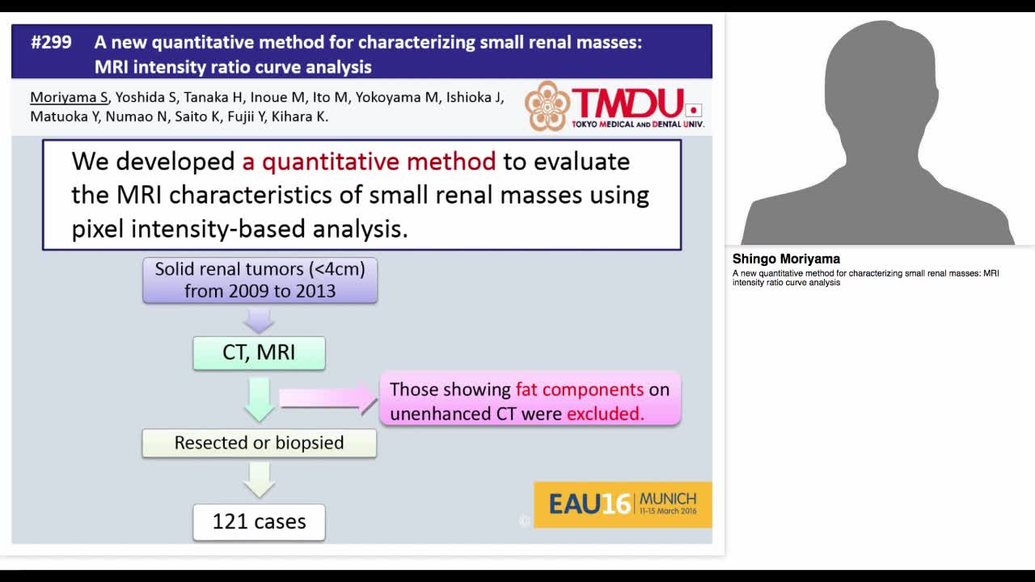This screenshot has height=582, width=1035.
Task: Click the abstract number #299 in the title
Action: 51,43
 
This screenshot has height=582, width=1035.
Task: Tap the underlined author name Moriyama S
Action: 69,98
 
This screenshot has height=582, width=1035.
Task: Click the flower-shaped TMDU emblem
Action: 547,106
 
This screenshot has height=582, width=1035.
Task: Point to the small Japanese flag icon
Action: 693,111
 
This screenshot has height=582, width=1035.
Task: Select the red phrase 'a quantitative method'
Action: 369,162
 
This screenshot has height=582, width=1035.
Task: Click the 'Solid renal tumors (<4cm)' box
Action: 260,280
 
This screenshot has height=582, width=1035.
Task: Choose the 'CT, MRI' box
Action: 259,353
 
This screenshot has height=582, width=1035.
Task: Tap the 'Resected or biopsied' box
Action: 259,443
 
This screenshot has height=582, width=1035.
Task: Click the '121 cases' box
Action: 259,522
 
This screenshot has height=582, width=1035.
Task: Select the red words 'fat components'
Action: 579,390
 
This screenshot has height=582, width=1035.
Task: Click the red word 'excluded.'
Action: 606,414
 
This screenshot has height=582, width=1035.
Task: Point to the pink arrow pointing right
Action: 327,398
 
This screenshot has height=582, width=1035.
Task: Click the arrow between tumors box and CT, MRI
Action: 259,320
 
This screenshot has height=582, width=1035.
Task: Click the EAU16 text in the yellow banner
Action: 589,504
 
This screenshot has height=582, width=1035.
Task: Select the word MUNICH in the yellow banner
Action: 667,498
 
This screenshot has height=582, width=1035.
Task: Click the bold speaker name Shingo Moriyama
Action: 786,259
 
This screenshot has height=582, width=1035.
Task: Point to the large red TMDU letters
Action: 627,103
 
